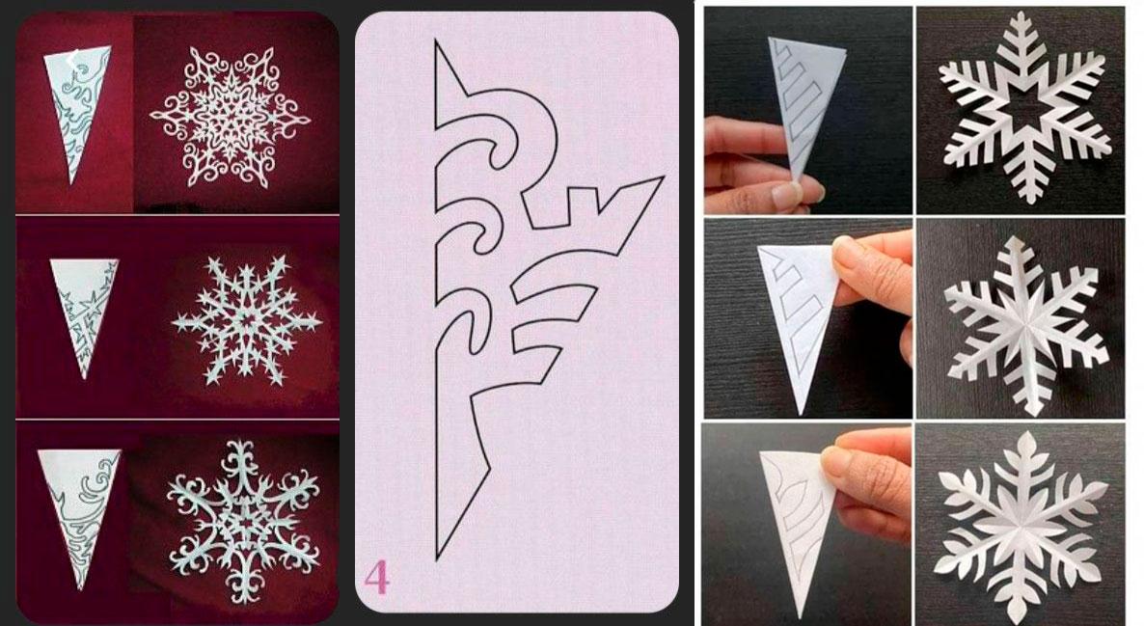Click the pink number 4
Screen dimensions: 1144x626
377,577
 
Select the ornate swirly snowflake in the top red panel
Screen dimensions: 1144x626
231,117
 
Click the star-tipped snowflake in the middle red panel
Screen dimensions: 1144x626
247,320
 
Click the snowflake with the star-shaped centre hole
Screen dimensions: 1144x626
1026,108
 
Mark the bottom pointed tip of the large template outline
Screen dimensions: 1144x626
437,559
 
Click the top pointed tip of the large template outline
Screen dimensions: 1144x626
436,41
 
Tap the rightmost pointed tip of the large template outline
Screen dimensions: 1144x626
664,177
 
